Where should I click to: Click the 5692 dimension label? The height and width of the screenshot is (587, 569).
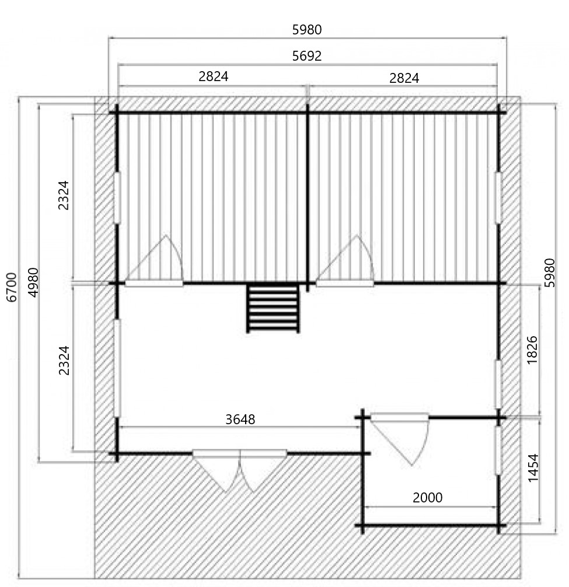click(x=306, y=56)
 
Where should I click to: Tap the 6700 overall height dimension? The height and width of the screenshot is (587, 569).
click(x=12, y=287)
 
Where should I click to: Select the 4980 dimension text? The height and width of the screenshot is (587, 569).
click(x=34, y=282)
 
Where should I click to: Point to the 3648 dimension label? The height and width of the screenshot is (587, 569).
click(x=240, y=420)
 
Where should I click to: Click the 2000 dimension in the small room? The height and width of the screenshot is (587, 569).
click(x=428, y=498)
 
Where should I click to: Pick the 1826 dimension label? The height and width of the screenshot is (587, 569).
click(x=532, y=350)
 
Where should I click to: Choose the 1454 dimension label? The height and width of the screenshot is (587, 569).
click(x=533, y=468)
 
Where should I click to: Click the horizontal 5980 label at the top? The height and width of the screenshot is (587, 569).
click(x=306, y=30)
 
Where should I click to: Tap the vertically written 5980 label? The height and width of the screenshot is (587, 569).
click(x=550, y=273)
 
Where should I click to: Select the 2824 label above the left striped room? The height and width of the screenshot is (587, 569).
click(x=214, y=76)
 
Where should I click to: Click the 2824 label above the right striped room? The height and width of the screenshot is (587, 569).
click(x=404, y=78)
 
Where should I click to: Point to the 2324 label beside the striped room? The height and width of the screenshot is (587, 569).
click(x=64, y=195)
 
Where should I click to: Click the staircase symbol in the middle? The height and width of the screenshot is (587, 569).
click(x=273, y=309)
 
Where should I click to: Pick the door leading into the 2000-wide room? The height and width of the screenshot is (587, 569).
click(x=400, y=439)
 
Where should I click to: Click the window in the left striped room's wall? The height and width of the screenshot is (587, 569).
click(x=117, y=198)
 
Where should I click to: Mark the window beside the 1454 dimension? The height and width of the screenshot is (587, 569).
click(x=498, y=450)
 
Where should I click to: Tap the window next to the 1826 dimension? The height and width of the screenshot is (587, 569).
click(x=498, y=384)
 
